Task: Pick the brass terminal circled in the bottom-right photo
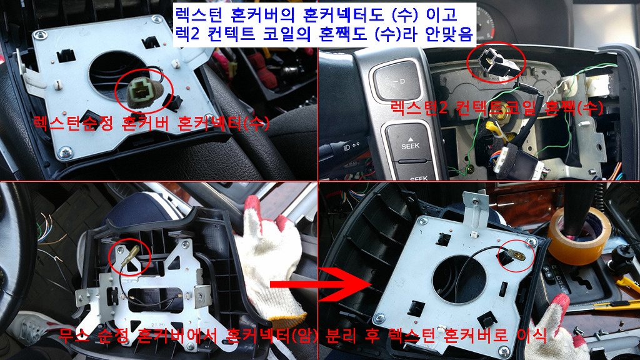pyautogui.click(x=517, y=255)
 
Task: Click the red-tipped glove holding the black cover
pyautogui.click(x=269, y=253)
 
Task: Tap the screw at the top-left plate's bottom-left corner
pyautogui.click(x=65, y=153)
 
